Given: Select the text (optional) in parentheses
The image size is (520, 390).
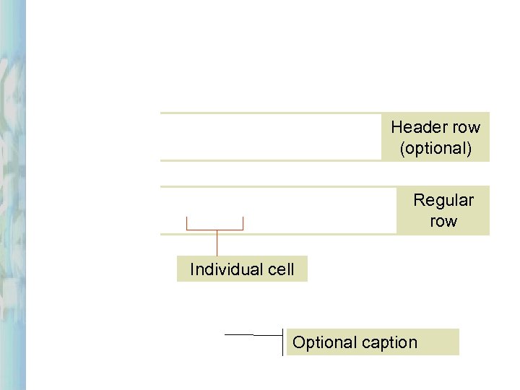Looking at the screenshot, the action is click(435, 149).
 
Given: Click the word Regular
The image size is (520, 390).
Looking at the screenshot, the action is click(443, 200).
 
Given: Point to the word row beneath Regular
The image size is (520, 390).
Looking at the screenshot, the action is click(443, 221).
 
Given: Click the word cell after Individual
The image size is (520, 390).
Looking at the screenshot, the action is click(280, 269).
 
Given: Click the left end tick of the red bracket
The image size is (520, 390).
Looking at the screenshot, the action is click(187, 222).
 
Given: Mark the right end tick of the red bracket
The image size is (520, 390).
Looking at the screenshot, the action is click(243, 222).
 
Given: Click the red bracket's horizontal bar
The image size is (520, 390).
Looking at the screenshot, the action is click(215, 230).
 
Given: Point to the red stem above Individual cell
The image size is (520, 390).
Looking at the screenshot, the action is click(217, 243).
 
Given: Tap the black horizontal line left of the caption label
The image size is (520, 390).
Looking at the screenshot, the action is click(246, 335).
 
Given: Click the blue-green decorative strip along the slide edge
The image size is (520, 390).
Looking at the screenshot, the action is click(12, 195).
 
